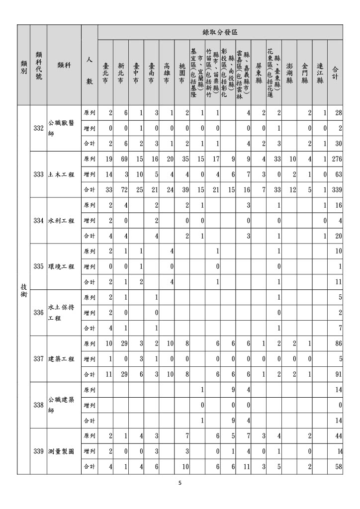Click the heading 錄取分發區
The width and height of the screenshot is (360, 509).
point(220,32)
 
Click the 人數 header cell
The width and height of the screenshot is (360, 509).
point(89,70)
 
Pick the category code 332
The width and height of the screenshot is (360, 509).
point(38,128)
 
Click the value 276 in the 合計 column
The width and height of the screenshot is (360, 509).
point(337,159)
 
